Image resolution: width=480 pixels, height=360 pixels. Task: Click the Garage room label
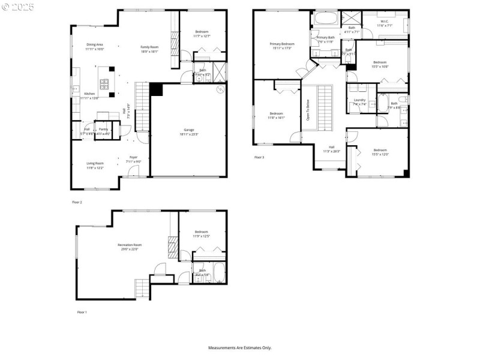[x=189, y=130]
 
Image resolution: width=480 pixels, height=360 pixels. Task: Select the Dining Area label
[x=95, y=44]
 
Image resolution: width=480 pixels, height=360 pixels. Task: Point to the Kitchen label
[x=89, y=94]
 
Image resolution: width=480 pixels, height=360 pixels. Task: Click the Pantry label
[x=103, y=129]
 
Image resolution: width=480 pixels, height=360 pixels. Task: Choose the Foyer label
[x=133, y=157]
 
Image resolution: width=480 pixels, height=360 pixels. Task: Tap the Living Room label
[x=95, y=163]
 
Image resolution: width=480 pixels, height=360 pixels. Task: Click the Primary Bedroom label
[x=282, y=44]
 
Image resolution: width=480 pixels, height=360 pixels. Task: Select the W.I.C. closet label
[x=385, y=22]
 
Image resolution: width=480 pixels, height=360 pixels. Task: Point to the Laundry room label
[x=359, y=100]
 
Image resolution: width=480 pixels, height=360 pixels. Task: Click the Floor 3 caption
[x=259, y=157]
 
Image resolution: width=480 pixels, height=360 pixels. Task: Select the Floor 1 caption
[x=82, y=313]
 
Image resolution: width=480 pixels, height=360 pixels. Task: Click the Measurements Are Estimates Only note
[x=239, y=347]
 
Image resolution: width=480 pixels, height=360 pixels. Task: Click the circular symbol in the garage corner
[x=220, y=89]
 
